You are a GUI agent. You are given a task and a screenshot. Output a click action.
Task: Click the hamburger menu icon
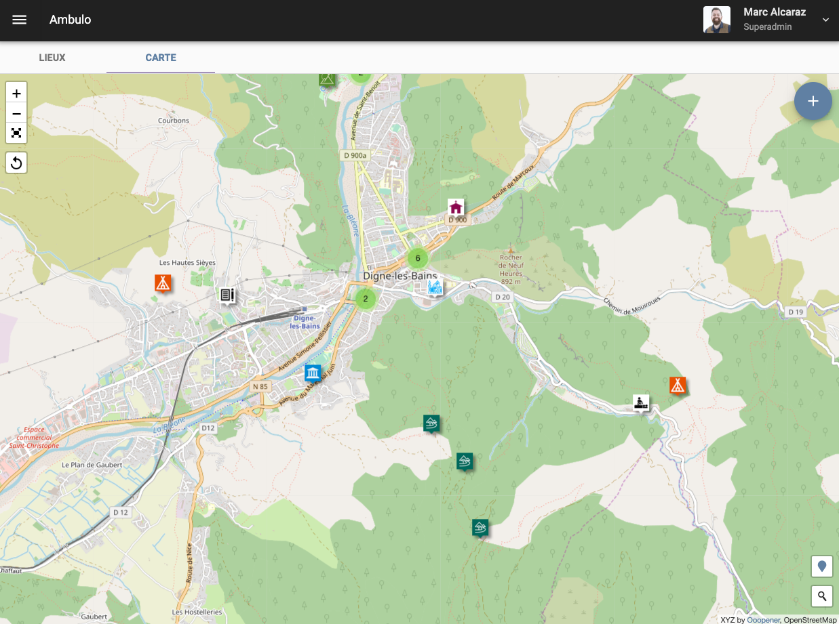[x=20, y=20]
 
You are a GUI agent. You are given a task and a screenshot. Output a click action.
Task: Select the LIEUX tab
[x=52, y=58]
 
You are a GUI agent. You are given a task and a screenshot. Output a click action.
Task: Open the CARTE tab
[x=161, y=58]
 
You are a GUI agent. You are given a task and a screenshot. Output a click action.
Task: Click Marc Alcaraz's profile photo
[x=716, y=20]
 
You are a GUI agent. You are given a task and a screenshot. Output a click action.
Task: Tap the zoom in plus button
[x=16, y=93]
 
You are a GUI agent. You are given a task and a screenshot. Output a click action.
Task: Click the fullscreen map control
[x=16, y=133]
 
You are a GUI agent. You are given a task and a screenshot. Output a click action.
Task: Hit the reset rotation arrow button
[x=16, y=163]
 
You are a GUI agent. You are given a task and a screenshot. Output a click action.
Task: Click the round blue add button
[x=813, y=102]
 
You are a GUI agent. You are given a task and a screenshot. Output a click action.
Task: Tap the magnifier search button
[x=822, y=596]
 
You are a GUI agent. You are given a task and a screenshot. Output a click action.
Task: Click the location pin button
[x=822, y=566]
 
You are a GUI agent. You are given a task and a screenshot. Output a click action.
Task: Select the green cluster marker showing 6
[x=418, y=258]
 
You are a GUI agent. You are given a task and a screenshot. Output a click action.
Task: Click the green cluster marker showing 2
[x=366, y=298]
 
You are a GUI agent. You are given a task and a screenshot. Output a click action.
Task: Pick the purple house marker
[x=456, y=207]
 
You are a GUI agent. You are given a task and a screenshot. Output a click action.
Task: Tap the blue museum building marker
[x=313, y=373]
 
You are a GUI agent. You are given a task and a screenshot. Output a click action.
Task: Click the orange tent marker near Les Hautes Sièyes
[x=162, y=283]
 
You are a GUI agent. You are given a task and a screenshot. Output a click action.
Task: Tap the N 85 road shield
[x=260, y=386]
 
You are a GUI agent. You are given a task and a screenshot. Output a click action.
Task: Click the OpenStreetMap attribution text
[x=810, y=619]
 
